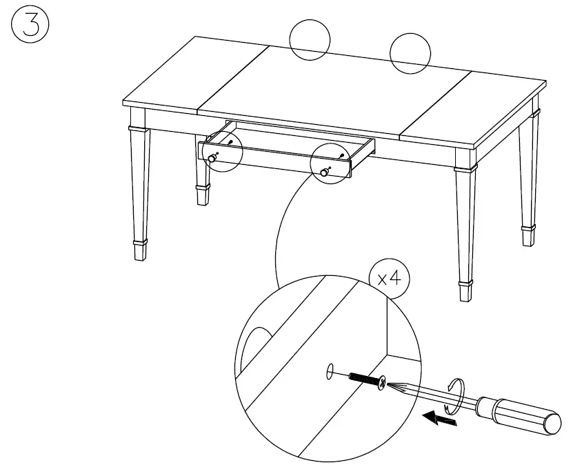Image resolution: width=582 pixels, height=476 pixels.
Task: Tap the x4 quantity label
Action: coord(389,279)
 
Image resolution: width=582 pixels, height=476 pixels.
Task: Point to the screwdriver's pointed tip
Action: coord(391,386)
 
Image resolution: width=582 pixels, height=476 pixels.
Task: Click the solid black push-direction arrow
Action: coord(440,417)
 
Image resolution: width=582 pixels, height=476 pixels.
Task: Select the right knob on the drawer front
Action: coord(325,172)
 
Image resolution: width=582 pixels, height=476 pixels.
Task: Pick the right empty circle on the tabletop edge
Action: coord(410,53)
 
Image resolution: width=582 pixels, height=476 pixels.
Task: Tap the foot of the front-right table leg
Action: coord(466,291)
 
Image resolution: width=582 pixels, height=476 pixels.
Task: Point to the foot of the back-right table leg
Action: coord(528,235)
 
